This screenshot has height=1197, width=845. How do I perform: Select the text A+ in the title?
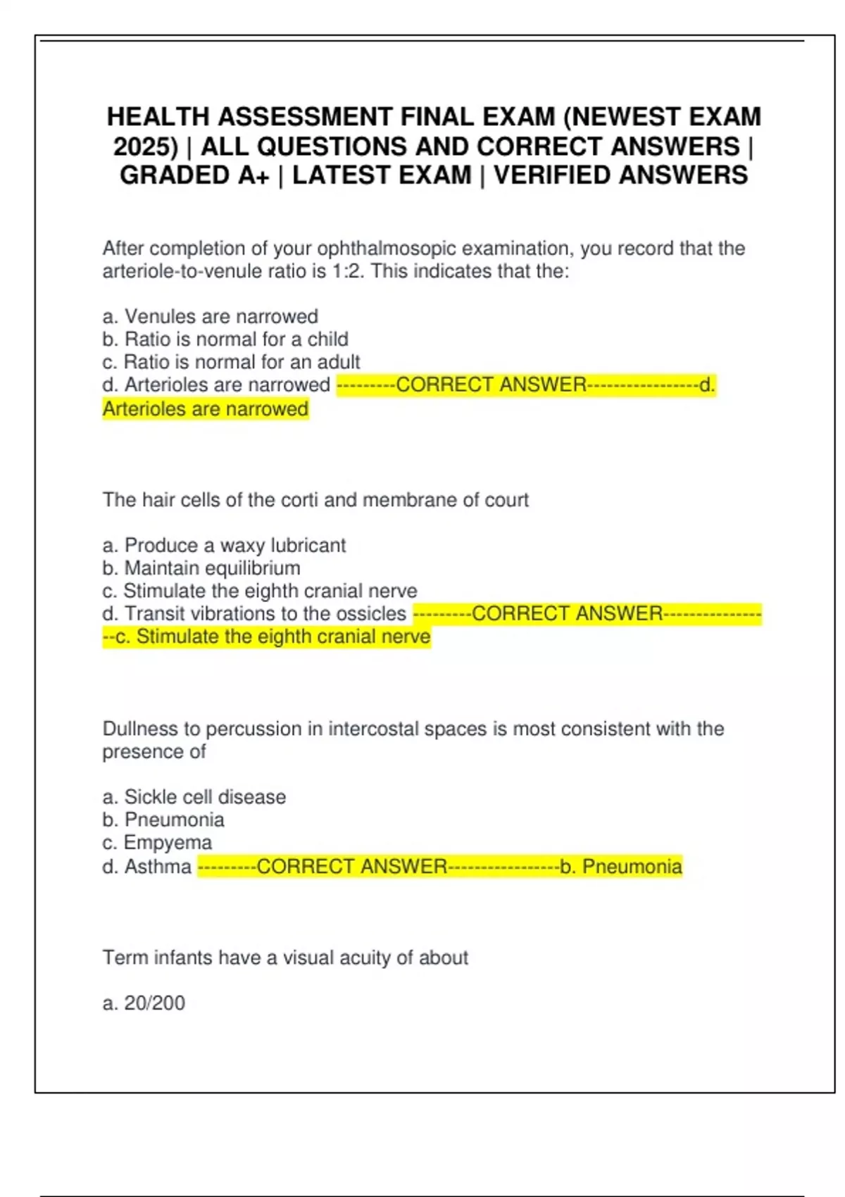pos(254,175)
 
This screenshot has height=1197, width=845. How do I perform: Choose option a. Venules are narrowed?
pos(210,316)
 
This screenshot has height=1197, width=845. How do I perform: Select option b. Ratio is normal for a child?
pos(225,339)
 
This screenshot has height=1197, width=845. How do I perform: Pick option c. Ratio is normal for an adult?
pos(231,362)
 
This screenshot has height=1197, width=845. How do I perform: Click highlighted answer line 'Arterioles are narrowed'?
pos(206,409)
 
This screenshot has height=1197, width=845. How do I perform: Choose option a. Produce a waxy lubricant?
pos(224,545)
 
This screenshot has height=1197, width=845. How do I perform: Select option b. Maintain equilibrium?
pos(201,568)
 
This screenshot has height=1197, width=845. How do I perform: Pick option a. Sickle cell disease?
pos(194,797)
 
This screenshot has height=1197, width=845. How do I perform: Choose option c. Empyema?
pos(157,843)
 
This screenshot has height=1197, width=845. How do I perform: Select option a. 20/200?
pos(144,1003)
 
